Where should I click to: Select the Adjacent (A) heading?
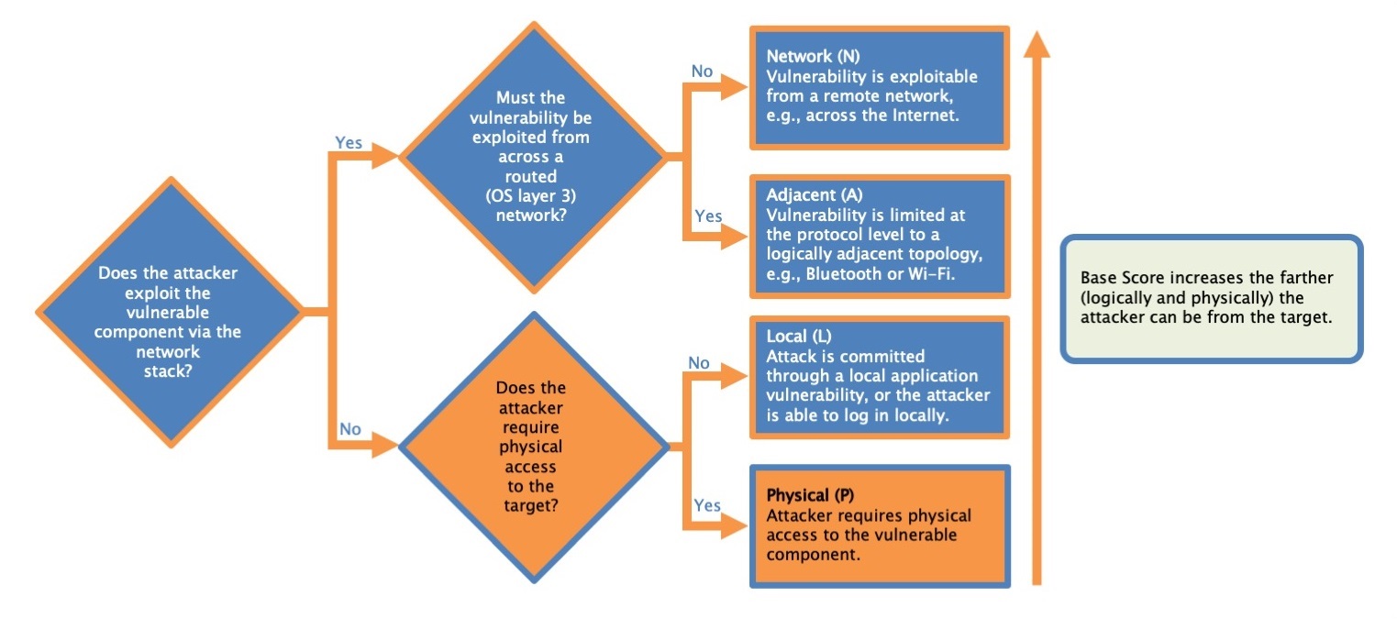[815, 195]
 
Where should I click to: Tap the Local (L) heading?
[799, 337]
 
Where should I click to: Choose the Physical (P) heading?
[810, 495]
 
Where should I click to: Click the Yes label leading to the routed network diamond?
[349, 143]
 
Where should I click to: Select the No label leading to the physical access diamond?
[349, 429]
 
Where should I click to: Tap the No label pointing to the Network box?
[702, 72]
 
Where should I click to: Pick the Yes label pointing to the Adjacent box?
[708, 216]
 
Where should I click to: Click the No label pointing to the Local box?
[699, 363]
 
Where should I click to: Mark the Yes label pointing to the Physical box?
[707, 505]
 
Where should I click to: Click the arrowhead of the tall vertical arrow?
[1037, 44]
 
